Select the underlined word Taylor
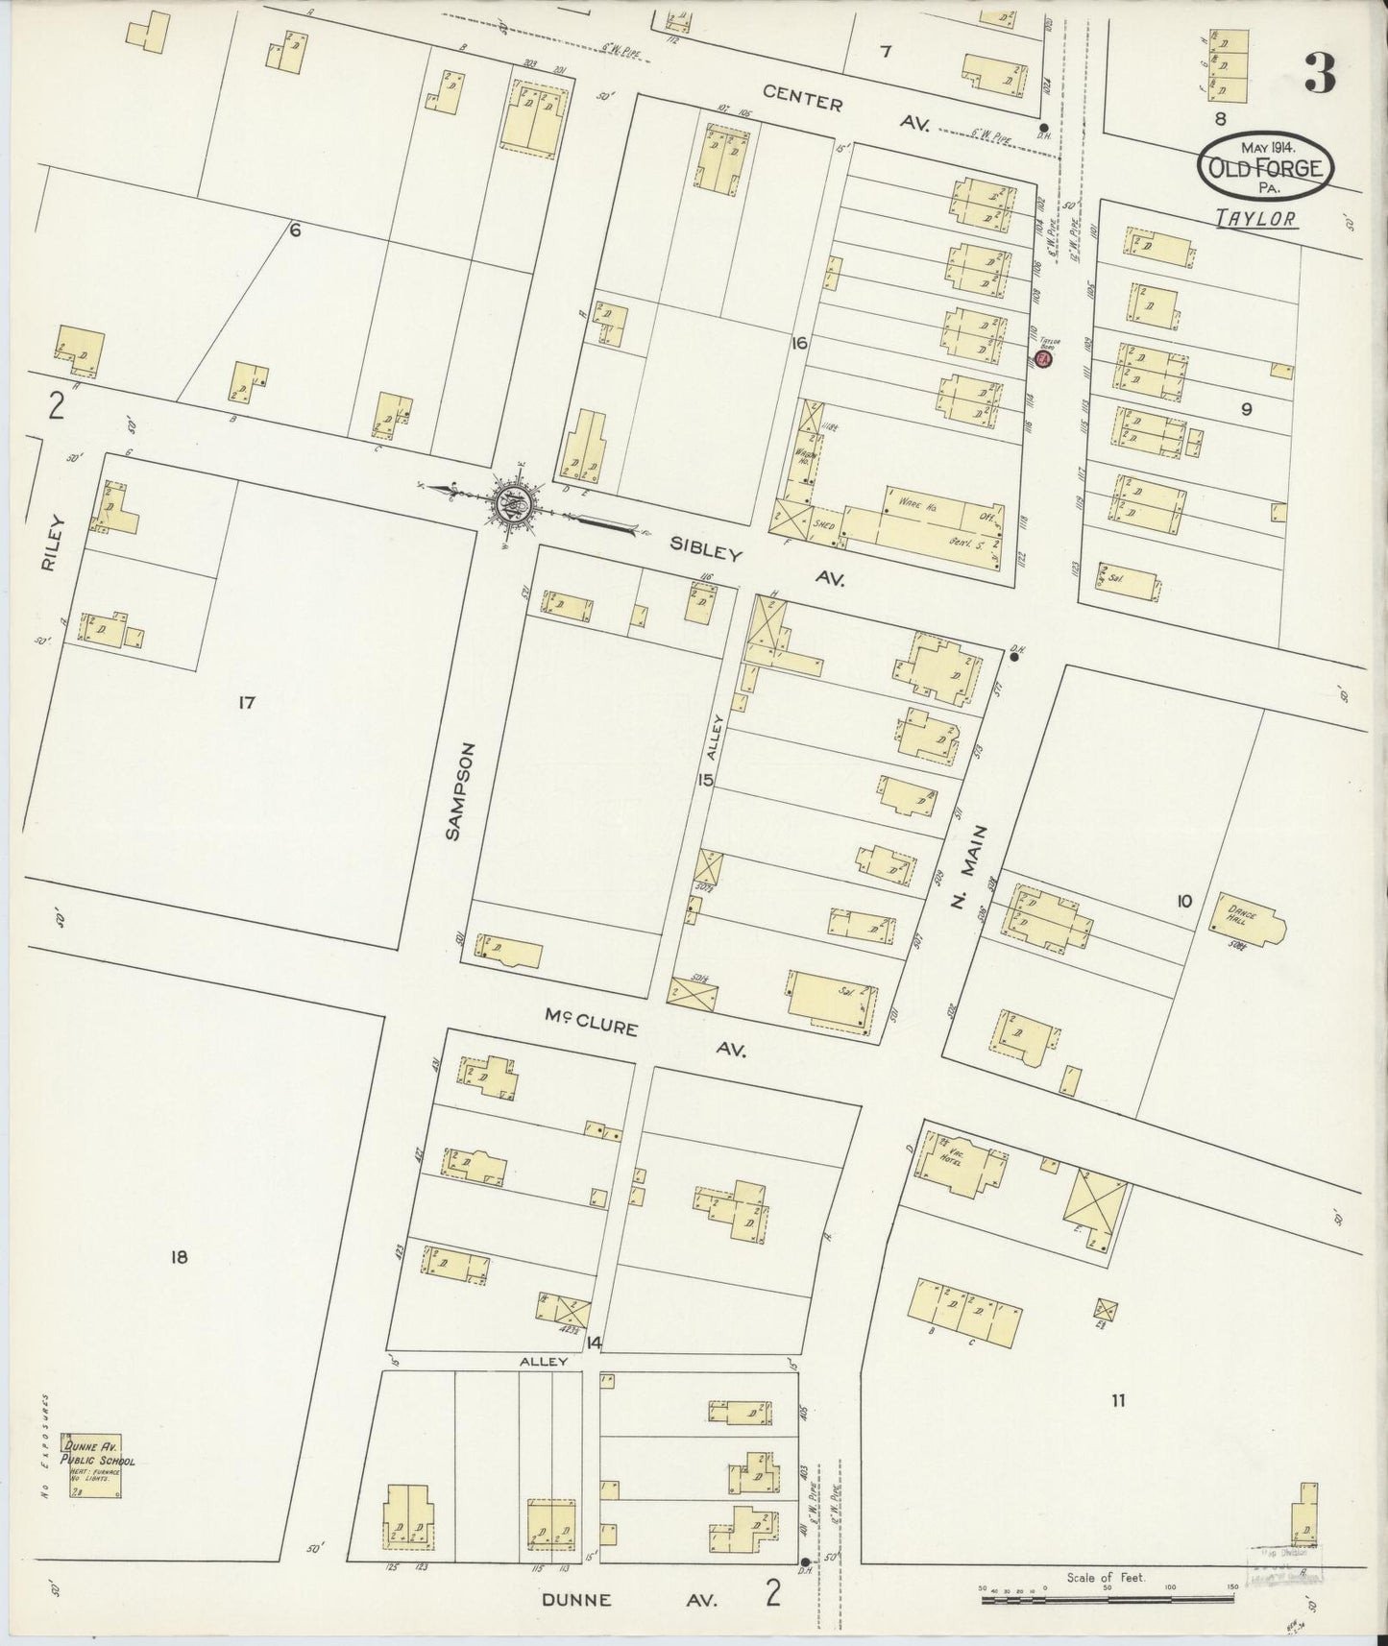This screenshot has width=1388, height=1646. (1257, 219)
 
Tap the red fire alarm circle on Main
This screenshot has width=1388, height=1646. (1045, 359)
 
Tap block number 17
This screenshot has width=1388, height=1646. (246, 704)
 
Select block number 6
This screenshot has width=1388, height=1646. (296, 230)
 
